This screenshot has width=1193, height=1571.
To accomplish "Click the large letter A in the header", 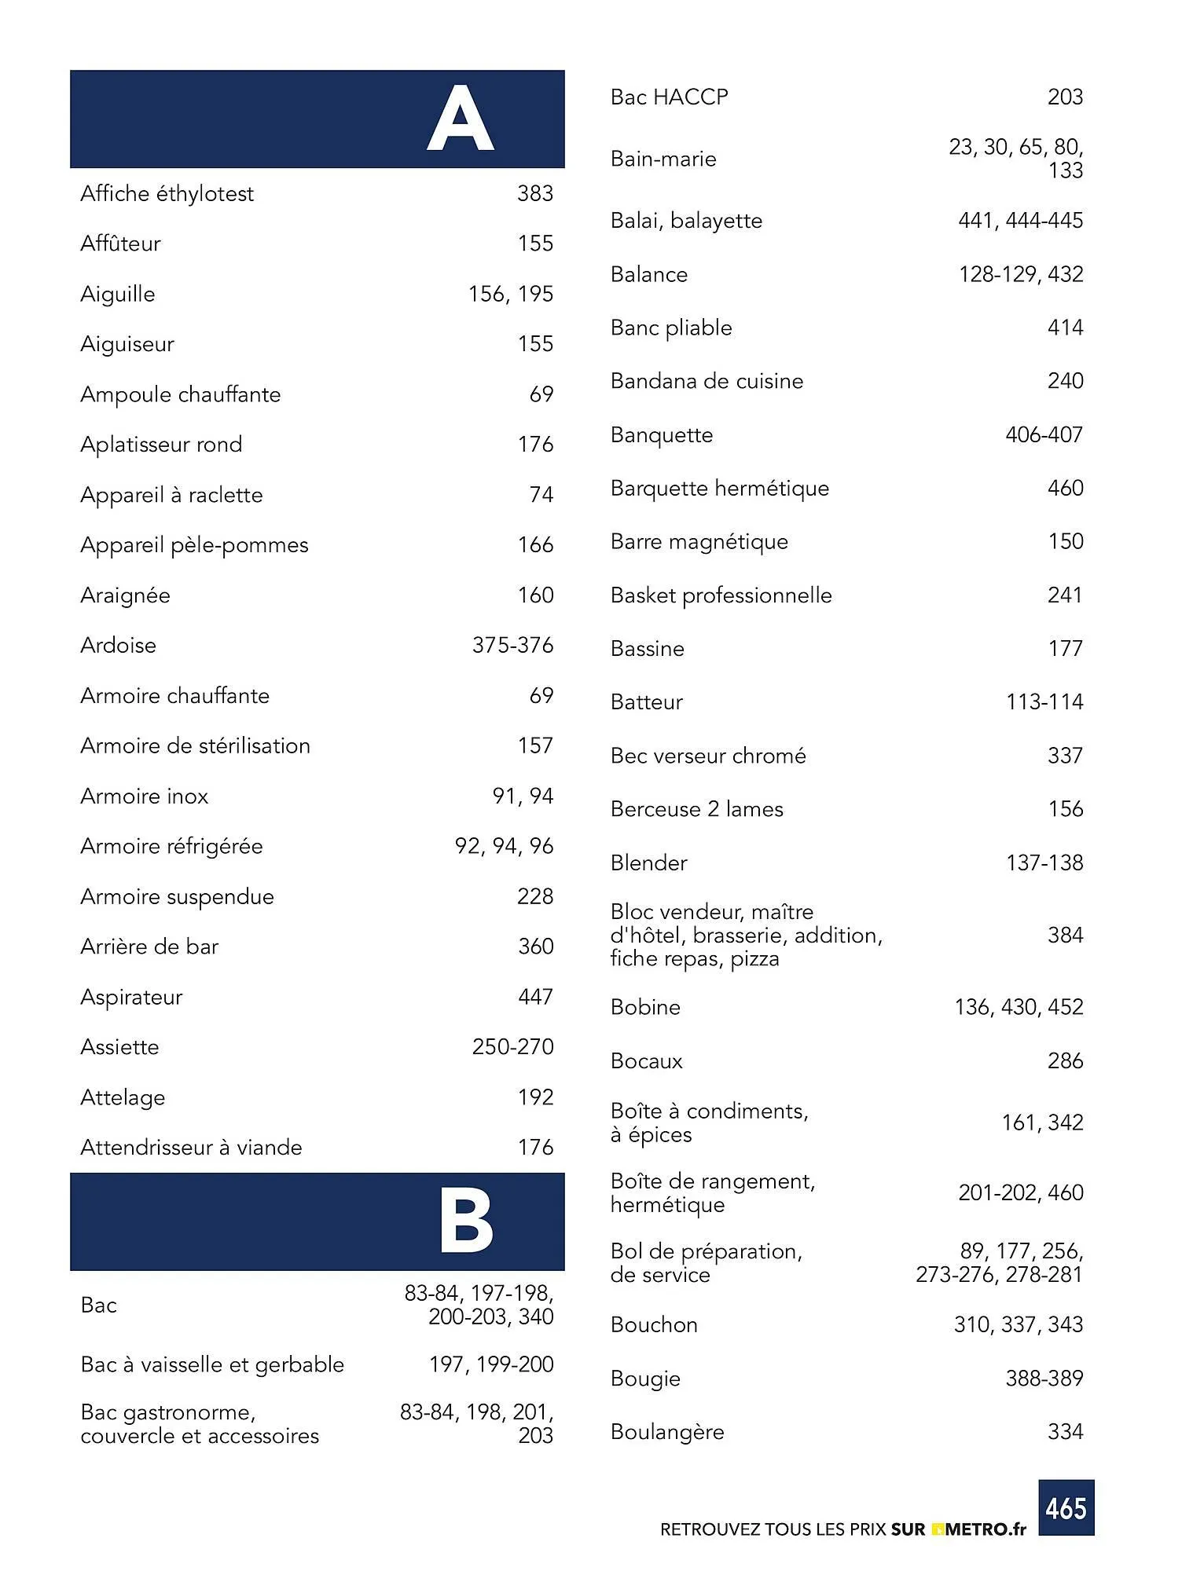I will click(460, 119).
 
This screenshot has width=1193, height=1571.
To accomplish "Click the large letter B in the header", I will click(465, 1221).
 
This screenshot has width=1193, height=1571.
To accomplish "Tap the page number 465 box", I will click(1066, 1507).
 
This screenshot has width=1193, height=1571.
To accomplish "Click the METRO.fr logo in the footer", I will click(979, 1529).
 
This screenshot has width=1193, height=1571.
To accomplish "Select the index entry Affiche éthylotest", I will click(167, 193).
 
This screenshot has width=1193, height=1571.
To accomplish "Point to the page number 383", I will click(535, 193).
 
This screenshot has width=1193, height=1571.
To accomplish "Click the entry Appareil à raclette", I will click(171, 495).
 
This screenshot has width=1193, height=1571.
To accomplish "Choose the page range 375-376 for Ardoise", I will click(512, 645).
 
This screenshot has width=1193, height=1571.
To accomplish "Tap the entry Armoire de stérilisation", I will click(195, 745).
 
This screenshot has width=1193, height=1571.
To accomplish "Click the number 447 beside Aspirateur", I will click(535, 997).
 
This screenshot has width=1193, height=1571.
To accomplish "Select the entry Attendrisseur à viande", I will click(191, 1148).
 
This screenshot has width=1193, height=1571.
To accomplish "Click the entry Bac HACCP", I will click(669, 97).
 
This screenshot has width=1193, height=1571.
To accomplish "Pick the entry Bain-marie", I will click(663, 159).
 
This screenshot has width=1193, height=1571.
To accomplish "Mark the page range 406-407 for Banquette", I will click(1044, 434).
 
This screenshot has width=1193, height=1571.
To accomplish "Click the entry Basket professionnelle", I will click(721, 595).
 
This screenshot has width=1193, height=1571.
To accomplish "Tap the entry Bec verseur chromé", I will click(708, 756).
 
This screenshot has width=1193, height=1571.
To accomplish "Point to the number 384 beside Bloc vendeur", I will click(1065, 935).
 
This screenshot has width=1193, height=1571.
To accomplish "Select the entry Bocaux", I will click(646, 1061).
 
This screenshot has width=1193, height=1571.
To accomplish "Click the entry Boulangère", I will click(667, 1432).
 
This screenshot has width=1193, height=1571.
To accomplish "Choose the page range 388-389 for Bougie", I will click(1044, 1379).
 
